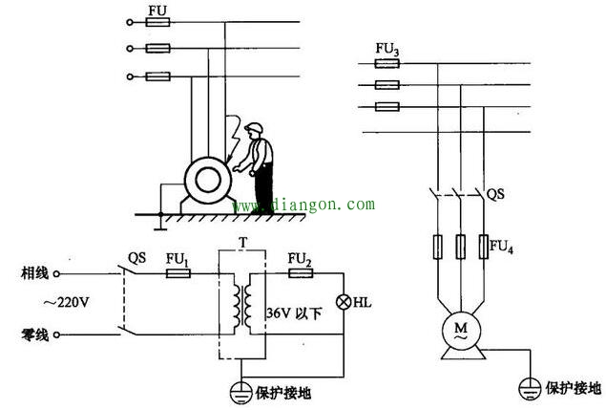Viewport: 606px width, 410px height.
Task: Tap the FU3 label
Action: (x=387, y=45)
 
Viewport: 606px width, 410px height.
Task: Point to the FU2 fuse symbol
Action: (x=300, y=273)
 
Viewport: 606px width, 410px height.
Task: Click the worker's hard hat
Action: (x=253, y=129)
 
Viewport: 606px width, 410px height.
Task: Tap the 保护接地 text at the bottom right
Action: (x=573, y=389)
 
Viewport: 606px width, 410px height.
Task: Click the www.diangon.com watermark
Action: (x=303, y=205)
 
